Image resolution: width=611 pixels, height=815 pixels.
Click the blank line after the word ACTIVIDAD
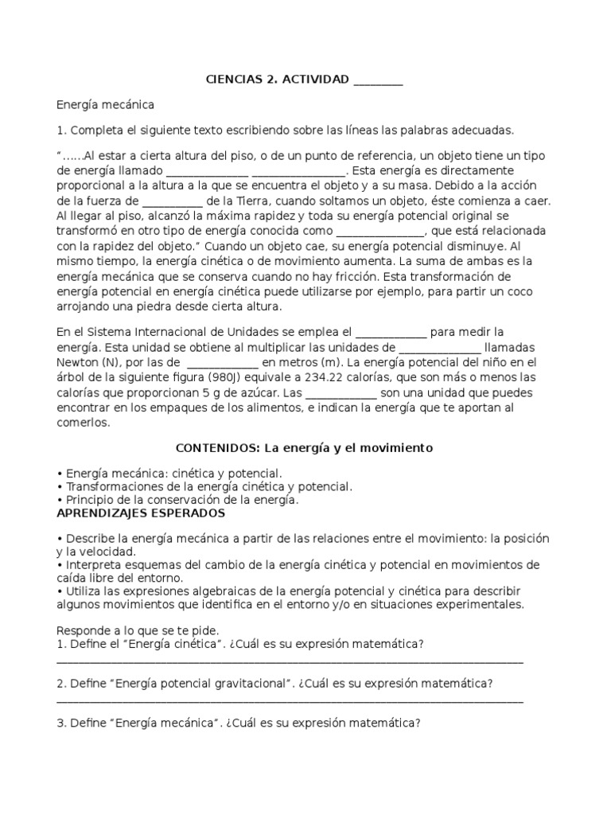click(x=377, y=80)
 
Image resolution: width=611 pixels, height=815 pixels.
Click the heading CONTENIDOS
click(x=215, y=448)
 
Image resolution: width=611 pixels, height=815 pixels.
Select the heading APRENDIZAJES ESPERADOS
click(x=141, y=514)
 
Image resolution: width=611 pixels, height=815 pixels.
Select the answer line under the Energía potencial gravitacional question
click(x=290, y=701)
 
